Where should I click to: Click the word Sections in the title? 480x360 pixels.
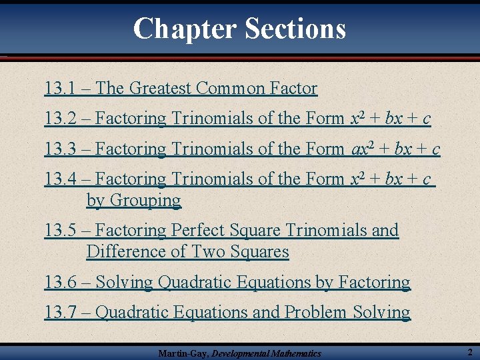(295, 29)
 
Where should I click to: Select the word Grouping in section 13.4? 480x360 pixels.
(145, 201)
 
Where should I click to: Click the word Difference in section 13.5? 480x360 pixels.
(121, 252)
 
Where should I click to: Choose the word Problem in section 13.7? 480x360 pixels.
(316, 312)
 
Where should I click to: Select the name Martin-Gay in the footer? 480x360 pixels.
(182, 353)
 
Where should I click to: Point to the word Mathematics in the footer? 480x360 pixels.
(296, 353)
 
